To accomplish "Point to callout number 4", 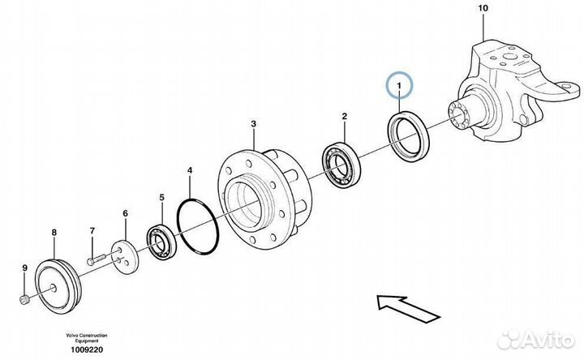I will [190, 171].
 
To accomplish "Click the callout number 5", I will [161, 197].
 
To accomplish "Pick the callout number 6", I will [125, 213].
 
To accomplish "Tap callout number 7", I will [92, 231].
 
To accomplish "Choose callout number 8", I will [54, 234].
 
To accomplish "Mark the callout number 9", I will [24, 268].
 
